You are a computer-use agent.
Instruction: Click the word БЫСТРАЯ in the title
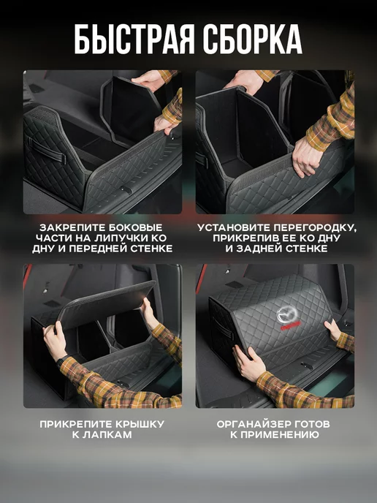coord(134,39)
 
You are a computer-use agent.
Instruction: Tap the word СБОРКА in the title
coord(253,39)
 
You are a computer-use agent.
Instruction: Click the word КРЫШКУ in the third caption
coord(140,424)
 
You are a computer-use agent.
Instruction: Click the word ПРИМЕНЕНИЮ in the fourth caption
coord(280,435)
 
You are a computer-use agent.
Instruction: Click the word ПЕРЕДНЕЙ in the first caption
coord(98,249)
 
